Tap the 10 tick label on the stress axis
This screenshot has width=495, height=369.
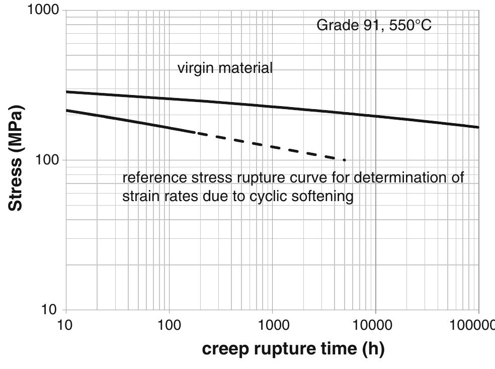coord(49,309)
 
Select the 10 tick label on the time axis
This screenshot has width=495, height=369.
coord(65,325)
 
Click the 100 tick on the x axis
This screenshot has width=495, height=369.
coord(169,325)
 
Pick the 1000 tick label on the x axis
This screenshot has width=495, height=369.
coord(272,325)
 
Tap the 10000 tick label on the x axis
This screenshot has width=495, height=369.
coord(375,325)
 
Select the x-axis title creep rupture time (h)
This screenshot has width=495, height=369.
coord(293,349)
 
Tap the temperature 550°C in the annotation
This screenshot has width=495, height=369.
coord(410,25)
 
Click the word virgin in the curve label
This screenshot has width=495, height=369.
coord(195,68)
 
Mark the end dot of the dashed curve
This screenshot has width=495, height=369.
coord(344,160)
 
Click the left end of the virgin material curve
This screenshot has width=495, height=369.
coord(67,91)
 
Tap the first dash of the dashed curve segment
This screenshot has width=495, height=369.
coord(200,134)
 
